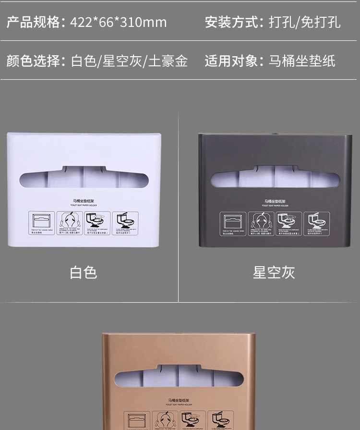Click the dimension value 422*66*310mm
pos(119,22)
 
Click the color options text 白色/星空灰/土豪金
pos(129,61)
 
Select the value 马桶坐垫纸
pos(301,61)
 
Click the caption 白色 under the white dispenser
pos(84,272)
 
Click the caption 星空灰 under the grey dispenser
pos(274,272)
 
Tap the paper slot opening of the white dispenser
pos(84,178)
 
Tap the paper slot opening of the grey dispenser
pos(275,179)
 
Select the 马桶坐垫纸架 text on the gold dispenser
pos(179,400)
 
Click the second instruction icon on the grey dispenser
pos(261,224)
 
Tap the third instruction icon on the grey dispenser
pos(289,224)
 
